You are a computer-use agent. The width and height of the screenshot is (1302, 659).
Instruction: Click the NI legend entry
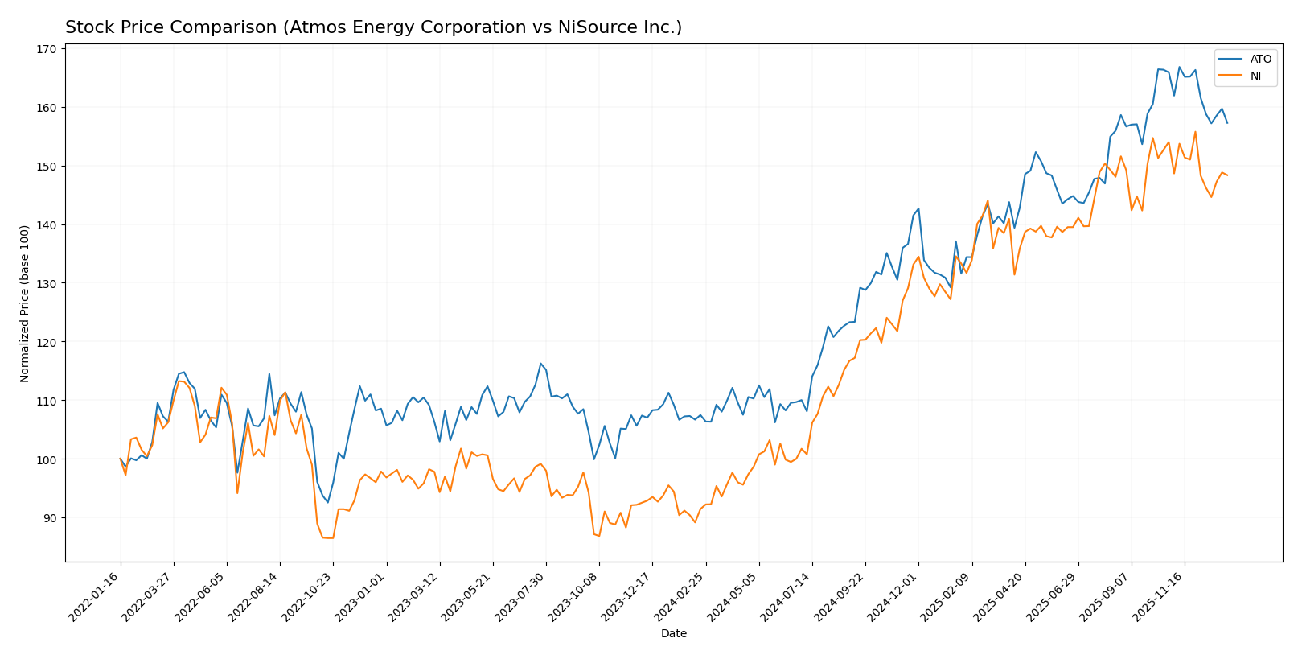[x=1255, y=76]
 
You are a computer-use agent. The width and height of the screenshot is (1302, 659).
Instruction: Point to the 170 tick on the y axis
[x=46, y=49]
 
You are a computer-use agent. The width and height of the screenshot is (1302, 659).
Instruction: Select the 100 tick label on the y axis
[x=46, y=459]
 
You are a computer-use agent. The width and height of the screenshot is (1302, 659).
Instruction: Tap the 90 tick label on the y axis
[x=48, y=518]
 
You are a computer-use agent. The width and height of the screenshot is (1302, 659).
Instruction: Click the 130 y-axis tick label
[x=46, y=283]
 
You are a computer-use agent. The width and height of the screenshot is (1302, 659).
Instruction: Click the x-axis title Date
[x=674, y=634]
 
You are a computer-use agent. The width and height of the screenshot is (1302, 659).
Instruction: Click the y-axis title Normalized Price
[x=25, y=303]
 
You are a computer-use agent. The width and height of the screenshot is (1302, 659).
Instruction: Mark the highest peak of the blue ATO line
[x=1179, y=67]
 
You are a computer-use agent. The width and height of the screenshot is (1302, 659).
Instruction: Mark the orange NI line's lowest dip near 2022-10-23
[x=328, y=537]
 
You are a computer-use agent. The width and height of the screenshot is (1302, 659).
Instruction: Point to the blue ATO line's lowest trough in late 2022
[x=327, y=503]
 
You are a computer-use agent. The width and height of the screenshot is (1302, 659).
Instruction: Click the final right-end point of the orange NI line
[x=1227, y=175]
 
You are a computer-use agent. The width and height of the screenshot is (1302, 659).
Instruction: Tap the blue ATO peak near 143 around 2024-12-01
[x=918, y=208]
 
